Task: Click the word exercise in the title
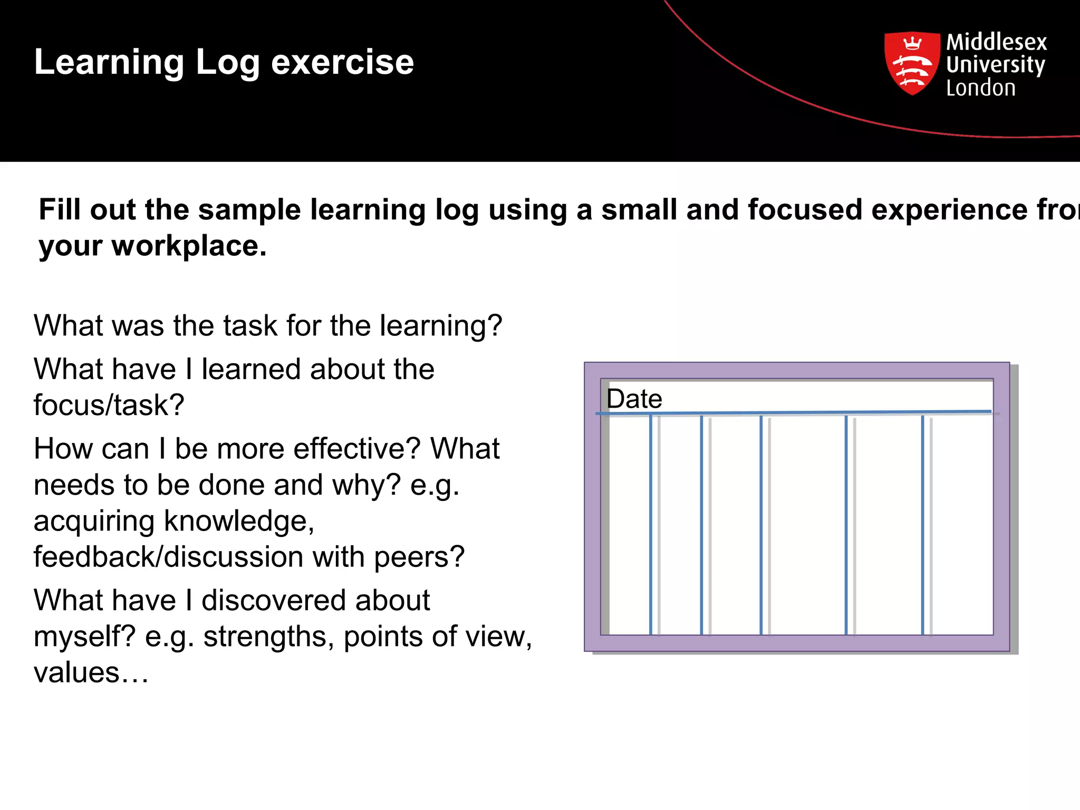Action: [342, 62]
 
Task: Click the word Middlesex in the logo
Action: [996, 42]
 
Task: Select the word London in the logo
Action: [980, 88]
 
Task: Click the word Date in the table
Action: [634, 399]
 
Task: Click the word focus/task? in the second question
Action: [109, 405]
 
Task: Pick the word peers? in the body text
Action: [419, 557]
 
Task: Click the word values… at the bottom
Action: [91, 672]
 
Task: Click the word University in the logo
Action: [995, 65]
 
